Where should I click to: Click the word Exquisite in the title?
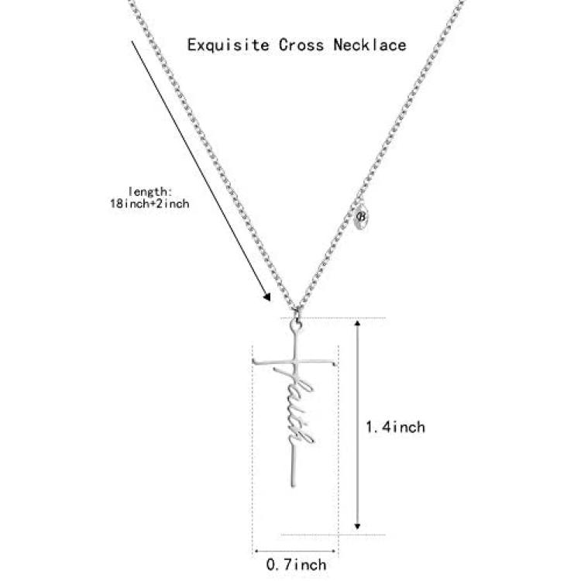click(228, 46)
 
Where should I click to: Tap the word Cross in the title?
click(301, 45)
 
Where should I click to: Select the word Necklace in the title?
click(370, 45)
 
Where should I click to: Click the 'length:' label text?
click(150, 191)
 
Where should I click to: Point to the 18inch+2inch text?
click(150, 204)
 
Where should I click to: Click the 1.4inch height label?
click(395, 427)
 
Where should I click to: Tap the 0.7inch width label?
click(297, 564)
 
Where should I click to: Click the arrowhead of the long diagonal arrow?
click(266, 297)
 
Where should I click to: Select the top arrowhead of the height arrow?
click(357, 323)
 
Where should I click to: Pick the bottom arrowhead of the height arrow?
click(357, 526)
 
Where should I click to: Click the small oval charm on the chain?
click(361, 216)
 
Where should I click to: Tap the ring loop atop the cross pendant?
click(296, 325)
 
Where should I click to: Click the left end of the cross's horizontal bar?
click(254, 361)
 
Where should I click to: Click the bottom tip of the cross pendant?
click(293, 486)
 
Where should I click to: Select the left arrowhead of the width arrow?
click(256, 551)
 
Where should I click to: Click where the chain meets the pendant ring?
click(297, 312)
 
